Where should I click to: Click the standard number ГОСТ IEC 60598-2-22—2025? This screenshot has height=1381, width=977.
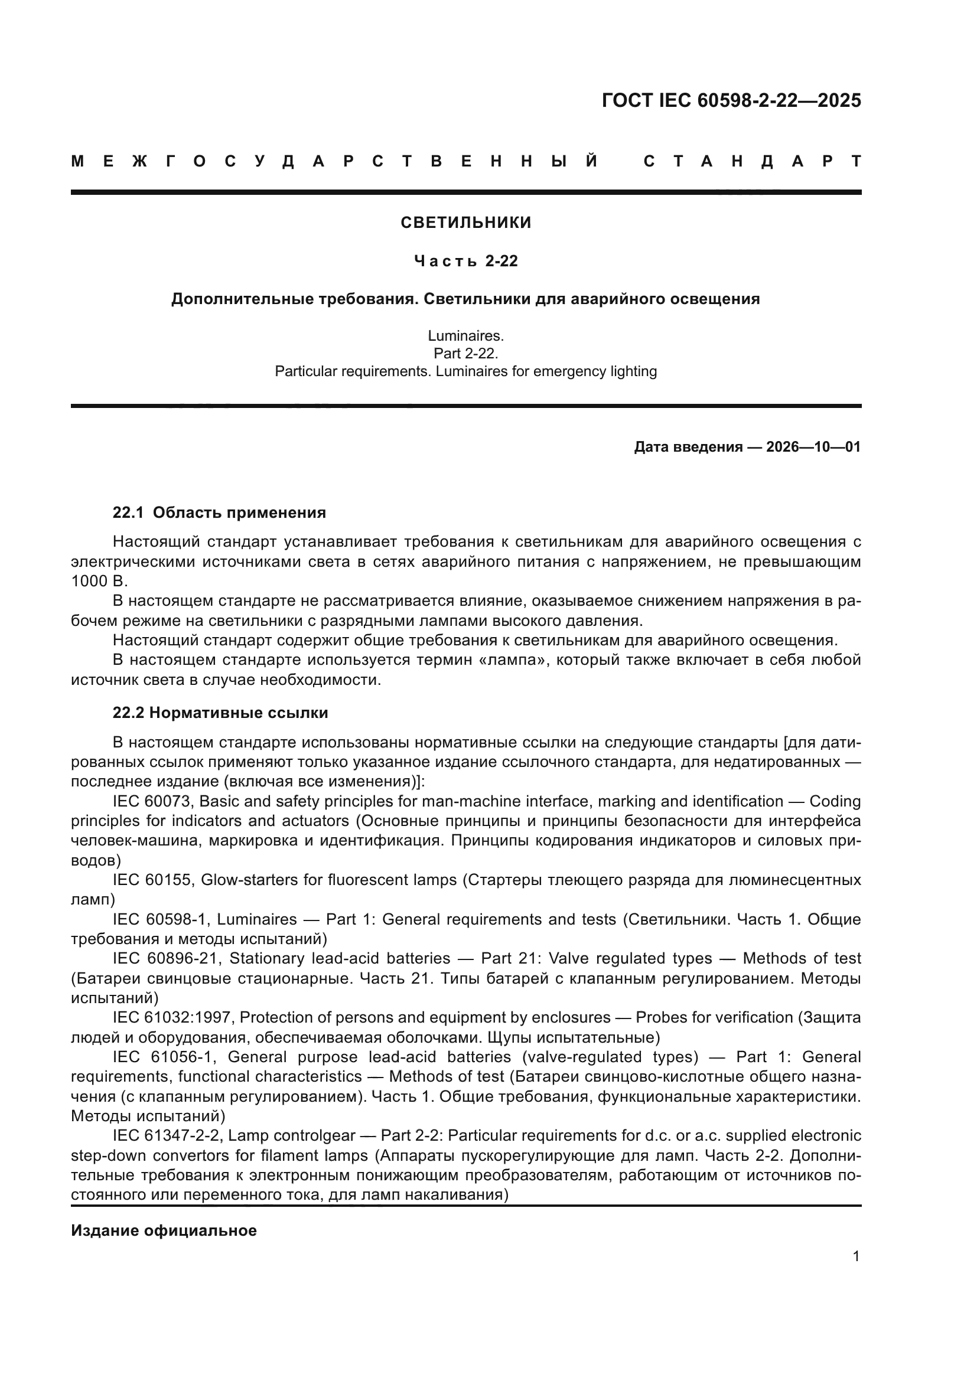tap(731, 100)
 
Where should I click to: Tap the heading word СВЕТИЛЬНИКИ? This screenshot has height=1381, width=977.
tap(465, 223)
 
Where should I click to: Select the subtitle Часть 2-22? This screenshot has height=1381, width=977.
tap(465, 261)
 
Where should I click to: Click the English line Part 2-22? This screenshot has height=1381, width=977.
tap(465, 353)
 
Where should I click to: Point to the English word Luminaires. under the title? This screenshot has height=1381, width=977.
tap(465, 335)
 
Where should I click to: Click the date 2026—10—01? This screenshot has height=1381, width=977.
tap(813, 447)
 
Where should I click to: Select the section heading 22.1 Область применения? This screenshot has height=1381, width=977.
tap(219, 512)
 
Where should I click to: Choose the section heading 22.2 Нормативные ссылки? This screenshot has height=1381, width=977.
tap(220, 713)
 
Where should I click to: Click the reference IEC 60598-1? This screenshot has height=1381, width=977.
tap(159, 919)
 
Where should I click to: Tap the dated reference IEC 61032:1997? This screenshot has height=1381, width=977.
tap(171, 1017)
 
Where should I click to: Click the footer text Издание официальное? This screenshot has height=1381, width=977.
tap(164, 1230)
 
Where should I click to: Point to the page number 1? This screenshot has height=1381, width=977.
tap(855, 1256)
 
